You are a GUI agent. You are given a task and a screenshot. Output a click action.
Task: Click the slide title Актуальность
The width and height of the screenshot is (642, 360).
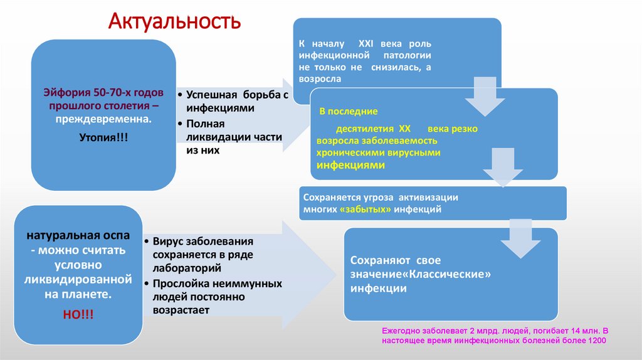pyautogui.click(x=175, y=21)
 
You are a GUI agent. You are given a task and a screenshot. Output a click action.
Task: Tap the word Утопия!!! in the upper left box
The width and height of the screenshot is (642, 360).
pyautogui.click(x=104, y=136)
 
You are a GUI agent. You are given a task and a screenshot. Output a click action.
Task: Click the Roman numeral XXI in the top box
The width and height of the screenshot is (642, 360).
pyautogui.click(x=366, y=45)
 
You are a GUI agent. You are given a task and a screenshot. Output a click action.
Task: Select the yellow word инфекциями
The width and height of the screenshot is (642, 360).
pyautogui.click(x=350, y=165)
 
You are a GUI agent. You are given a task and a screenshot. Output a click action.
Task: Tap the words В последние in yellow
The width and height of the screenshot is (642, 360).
pyautogui.click(x=349, y=112)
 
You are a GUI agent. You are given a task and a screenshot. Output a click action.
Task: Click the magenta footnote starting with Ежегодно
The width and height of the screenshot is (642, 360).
pyautogui.click(x=495, y=335)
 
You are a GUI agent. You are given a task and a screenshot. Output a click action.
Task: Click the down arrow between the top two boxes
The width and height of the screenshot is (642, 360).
pyautogui.click(x=484, y=100)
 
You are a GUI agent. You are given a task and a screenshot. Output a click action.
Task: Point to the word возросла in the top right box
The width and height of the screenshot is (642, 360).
pyautogui.click(x=320, y=80)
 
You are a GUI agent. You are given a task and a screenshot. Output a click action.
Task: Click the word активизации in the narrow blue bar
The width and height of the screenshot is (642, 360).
pyautogui.click(x=433, y=196)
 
